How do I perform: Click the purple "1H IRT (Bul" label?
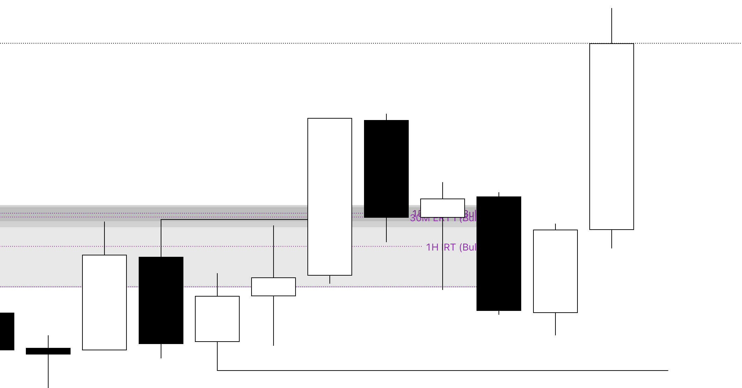pyautogui.click(x=451, y=247)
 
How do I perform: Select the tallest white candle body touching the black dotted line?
pyautogui.click(x=611, y=136)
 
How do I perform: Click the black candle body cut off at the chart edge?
pyautogui.click(x=7, y=331)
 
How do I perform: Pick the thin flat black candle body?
pyautogui.click(x=48, y=351)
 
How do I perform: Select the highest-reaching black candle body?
pyautogui.click(x=386, y=169)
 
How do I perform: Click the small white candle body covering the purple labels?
pyautogui.click(x=442, y=208)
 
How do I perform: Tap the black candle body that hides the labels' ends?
pyautogui.click(x=499, y=254)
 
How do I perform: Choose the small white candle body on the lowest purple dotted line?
pyautogui.click(x=273, y=287)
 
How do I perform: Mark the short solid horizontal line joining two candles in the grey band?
pyautogui.click(x=234, y=219)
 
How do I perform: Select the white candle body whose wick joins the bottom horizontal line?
pyautogui.click(x=217, y=319)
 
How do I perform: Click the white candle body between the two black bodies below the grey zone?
pyautogui.click(x=104, y=302)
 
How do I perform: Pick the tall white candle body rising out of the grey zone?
pyautogui.click(x=329, y=197)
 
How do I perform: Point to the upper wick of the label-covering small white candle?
pyautogui.click(x=443, y=191)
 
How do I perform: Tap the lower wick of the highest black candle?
pyautogui.click(x=386, y=230)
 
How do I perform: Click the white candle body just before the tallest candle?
pyautogui.click(x=555, y=271)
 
